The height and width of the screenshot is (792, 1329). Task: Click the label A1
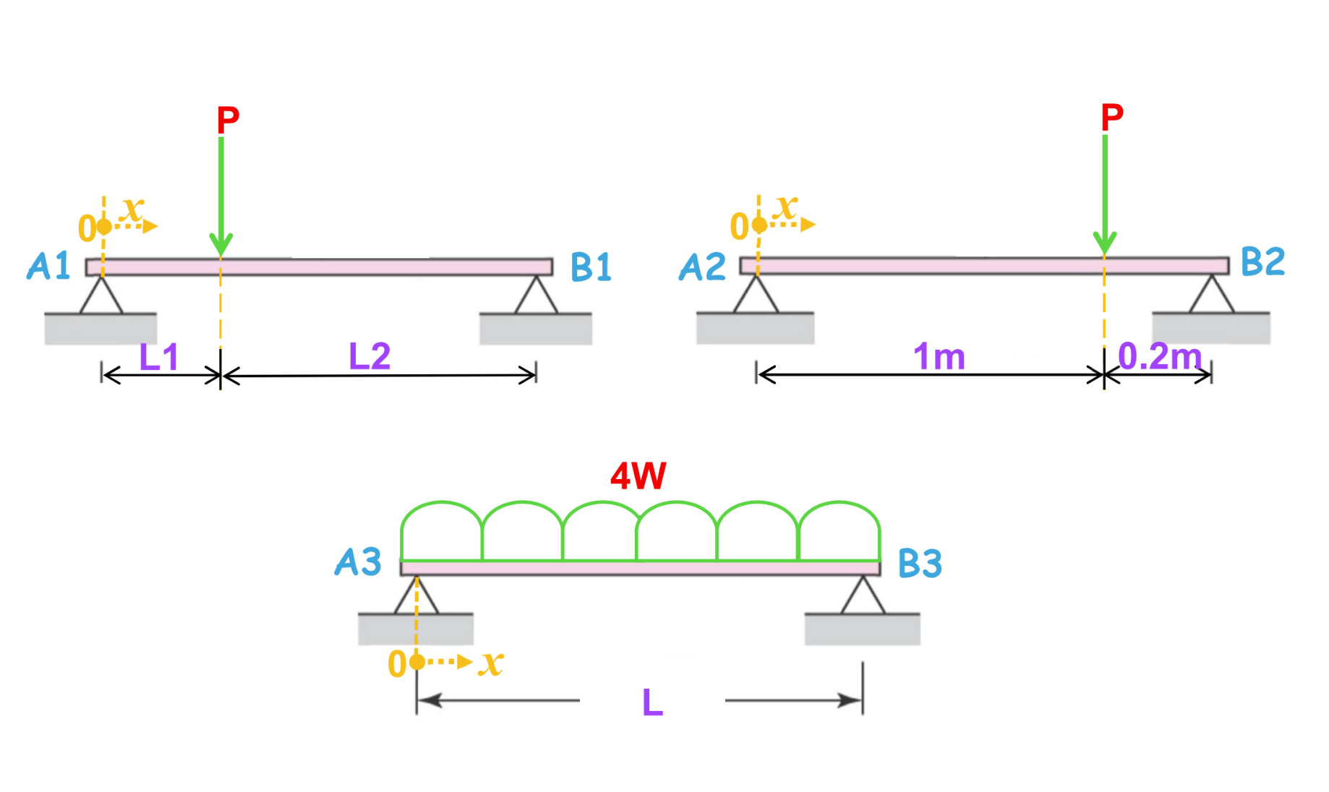point(48,266)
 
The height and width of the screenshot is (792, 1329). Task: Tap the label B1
point(591,267)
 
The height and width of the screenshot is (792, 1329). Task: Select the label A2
point(702,267)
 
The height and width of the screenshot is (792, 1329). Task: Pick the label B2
point(1262,262)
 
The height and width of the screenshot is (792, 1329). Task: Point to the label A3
point(358,562)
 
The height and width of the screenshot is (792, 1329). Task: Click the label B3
point(920,564)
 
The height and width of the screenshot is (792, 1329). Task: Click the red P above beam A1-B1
point(228,120)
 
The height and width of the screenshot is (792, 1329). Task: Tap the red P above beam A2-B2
point(1112,117)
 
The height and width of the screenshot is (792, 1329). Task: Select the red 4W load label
point(638,476)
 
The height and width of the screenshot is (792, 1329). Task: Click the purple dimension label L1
point(158,357)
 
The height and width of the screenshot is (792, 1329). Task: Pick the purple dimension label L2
point(369,356)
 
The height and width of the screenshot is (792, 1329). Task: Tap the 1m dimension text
point(939,357)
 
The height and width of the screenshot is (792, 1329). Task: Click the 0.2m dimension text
point(1159,356)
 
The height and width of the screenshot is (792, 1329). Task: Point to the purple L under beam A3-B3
point(652,702)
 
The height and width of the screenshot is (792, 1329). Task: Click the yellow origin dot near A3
point(416,662)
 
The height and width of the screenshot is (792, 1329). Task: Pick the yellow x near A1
point(132,210)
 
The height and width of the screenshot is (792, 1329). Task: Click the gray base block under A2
point(755,329)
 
